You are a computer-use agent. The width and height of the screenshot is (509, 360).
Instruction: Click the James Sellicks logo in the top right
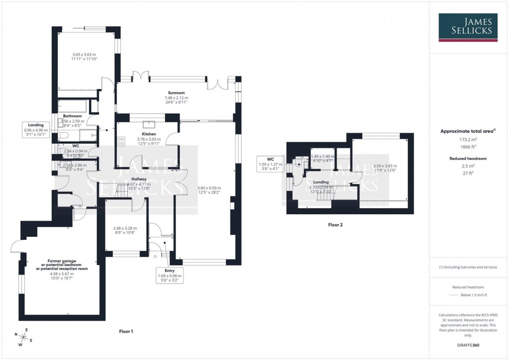[x=468, y=27]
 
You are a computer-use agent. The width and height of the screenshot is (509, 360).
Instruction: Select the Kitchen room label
[x=149, y=134]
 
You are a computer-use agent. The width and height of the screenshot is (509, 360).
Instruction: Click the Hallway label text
[x=139, y=179]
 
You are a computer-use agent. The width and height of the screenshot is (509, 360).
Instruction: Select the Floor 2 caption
[x=335, y=225]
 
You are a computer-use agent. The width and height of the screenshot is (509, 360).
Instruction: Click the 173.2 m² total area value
[x=468, y=140]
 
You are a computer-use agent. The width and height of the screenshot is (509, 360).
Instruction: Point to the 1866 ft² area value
[x=468, y=147]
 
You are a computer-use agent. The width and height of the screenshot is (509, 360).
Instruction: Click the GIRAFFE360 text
[x=468, y=345]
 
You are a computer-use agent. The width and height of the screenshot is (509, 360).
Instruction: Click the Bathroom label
[x=73, y=116]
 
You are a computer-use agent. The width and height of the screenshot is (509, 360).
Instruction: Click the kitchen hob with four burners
[x=121, y=141]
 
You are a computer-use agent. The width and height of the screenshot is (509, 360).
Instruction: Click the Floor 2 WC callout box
[x=269, y=164]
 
